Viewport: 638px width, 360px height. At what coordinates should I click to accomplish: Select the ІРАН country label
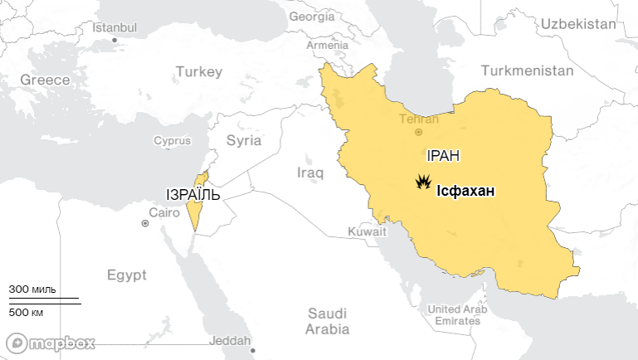tap(443, 156)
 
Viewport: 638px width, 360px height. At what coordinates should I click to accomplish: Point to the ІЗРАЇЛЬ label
tap(193, 195)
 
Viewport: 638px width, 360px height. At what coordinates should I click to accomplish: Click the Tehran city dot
tap(419, 131)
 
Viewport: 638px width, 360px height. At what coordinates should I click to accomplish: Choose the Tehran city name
tap(419, 119)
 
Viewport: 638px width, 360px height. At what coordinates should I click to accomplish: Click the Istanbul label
tap(114, 27)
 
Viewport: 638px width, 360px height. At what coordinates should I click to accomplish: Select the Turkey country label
tap(198, 72)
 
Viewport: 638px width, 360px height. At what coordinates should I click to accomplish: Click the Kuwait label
tap(368, 232)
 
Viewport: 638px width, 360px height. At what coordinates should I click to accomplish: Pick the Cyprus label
tap(172, 141)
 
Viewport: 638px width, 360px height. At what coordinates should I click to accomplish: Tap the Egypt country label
tap(126, 275)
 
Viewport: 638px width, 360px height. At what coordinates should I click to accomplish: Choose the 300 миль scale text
tap(32, 289)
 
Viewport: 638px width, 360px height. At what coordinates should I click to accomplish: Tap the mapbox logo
tap(51, 343)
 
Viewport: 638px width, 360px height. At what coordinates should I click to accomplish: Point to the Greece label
tap(45, 80)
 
